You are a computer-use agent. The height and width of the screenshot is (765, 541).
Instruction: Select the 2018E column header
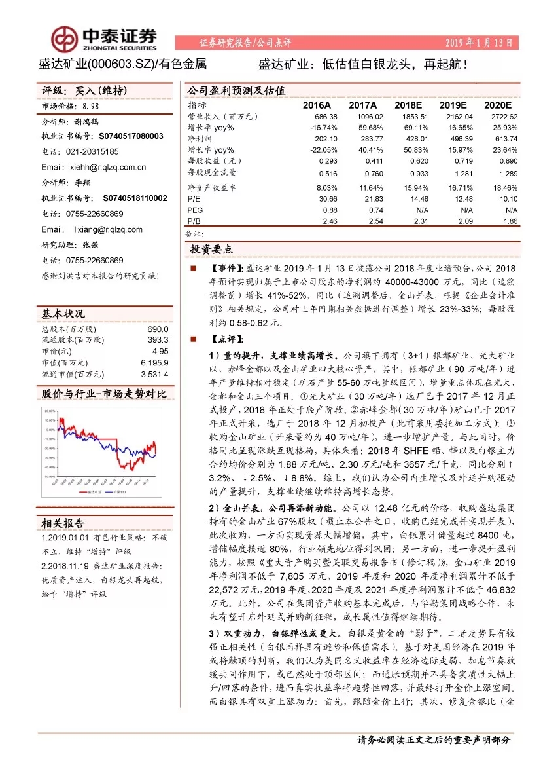411,105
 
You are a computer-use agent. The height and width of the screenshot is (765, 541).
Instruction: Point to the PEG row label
194,210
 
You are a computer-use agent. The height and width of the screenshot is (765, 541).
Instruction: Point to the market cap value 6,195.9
154,362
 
